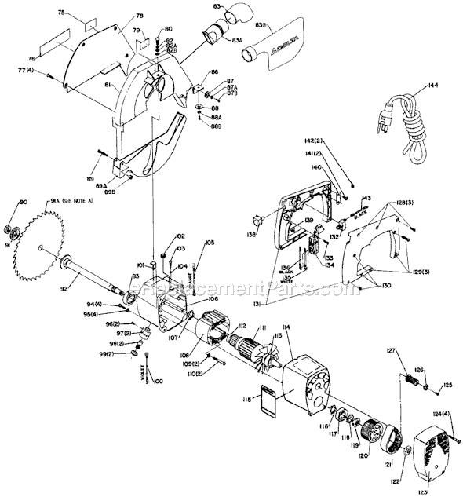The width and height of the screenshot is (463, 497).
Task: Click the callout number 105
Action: point(210,243)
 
